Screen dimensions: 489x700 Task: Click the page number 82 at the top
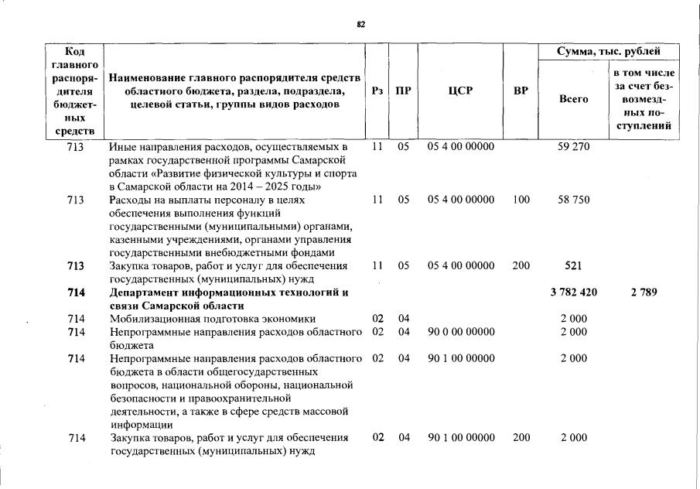[x=360, y=24]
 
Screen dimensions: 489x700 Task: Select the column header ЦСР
[x=460, y=91]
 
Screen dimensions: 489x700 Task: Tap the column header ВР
[x=521, y=91]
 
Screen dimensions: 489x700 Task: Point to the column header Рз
[x=377, y=91]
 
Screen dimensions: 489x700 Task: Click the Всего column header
[x=573, y=100]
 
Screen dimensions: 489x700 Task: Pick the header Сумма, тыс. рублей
[x=610, y=52]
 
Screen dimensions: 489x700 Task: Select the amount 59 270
[x=573, y=147]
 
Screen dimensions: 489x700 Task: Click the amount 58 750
[x=573, y=200]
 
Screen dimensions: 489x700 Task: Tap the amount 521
[x=573, y=266]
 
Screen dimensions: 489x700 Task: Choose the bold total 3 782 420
[x=573, y=292]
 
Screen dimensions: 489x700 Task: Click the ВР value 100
[x=521, y=200]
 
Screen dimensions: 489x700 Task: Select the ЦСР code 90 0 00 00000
[x=460, y=332]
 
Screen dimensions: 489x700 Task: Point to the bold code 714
[x=76, y=292]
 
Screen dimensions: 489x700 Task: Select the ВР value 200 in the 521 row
[x=521, y=266]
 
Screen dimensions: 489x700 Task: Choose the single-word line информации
[x=140, y=424]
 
